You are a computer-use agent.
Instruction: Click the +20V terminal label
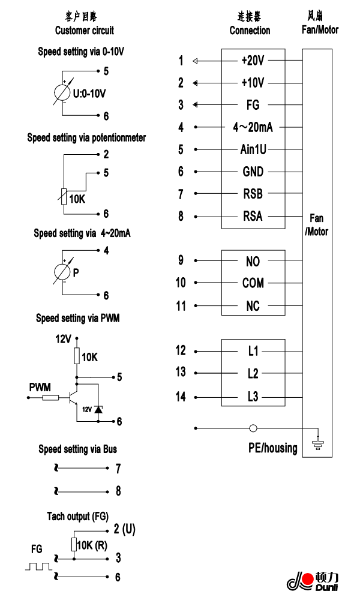[253, 61]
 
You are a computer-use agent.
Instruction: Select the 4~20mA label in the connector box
[253, 127]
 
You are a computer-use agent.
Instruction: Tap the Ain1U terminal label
[253, 149]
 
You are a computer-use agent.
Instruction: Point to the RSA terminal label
[253, 216]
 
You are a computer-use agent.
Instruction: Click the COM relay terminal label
[253, 283]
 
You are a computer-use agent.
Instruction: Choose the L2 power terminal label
[253, 374]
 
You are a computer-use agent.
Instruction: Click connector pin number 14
[181, 397]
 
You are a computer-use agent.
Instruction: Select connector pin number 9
[181, 261]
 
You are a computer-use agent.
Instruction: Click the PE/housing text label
[273, 448]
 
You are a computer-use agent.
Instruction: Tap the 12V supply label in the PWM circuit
[63, 339]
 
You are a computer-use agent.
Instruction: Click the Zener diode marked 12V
[98, 409]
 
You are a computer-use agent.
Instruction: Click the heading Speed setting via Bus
[77, 449]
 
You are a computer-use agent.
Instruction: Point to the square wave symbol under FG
[36, 566]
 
